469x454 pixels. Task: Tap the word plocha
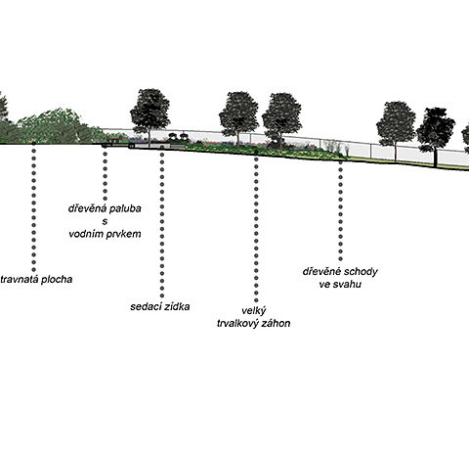click(56, 280)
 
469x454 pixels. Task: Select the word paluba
click(125, 208)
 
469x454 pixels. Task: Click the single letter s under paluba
click(105, 221)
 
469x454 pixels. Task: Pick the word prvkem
click(124, 234)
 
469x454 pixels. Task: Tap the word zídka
click(176, 307)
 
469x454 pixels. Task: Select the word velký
click(254, 311)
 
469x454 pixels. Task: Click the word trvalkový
click(238, 324)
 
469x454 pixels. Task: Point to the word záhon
click(277, 324)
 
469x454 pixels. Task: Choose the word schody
click(361, 272)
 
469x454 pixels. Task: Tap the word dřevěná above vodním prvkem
click(87, 208)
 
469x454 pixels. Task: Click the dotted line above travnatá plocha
click(33, 210)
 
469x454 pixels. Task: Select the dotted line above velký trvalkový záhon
click(256, 229)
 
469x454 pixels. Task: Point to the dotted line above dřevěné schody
click(340, 210)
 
